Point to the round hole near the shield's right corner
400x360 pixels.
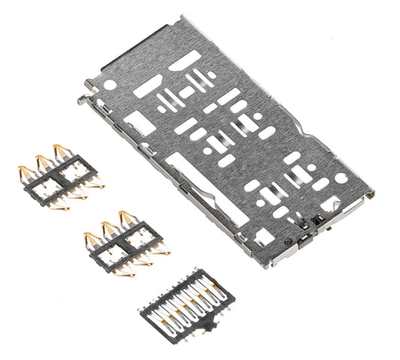coord(341,178)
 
